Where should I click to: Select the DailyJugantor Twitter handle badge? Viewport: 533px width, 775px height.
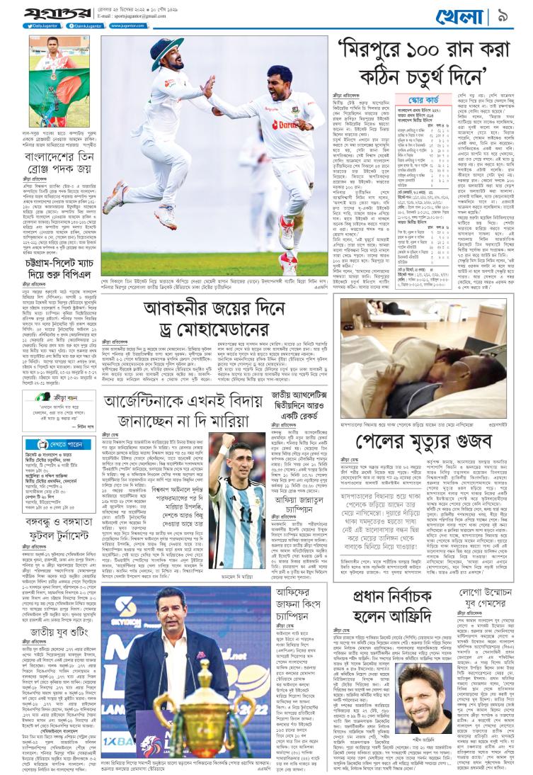tap(42, 26)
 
